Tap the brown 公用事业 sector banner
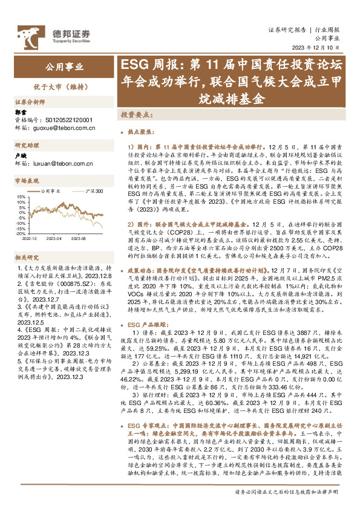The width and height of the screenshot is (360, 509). pyautogui.click(x=65, y=67)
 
